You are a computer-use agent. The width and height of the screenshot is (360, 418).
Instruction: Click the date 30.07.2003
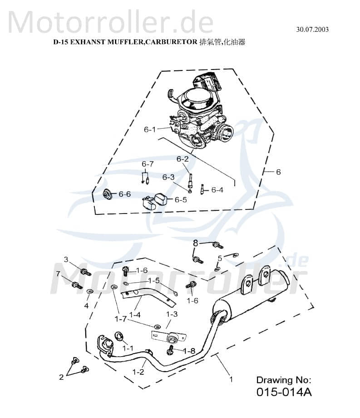click(x=312, y=30)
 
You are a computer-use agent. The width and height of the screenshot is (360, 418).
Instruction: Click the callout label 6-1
click(x=150, y=129)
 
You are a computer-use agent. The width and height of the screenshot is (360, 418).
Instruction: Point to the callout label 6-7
click(x=148, y=164)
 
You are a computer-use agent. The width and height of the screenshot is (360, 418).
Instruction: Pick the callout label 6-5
click(x=181, y=199)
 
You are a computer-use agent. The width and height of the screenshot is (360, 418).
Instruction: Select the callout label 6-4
click(x=217, y=190)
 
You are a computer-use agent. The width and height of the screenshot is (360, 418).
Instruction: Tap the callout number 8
click(x=196, y=243)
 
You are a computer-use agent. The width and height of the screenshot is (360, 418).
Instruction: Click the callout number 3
click(x=66, y=259)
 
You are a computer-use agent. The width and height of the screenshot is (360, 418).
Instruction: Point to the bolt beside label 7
click(x=76, y=285)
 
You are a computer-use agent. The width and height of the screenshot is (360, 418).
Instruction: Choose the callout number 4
click(x=86, y=306)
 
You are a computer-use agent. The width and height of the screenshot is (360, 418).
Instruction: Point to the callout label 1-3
click(x=172, y=314)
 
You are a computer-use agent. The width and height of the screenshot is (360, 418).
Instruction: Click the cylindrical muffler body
click(x=254, y=299)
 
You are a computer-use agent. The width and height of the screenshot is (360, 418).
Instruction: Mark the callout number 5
click(x=220, y=258)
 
